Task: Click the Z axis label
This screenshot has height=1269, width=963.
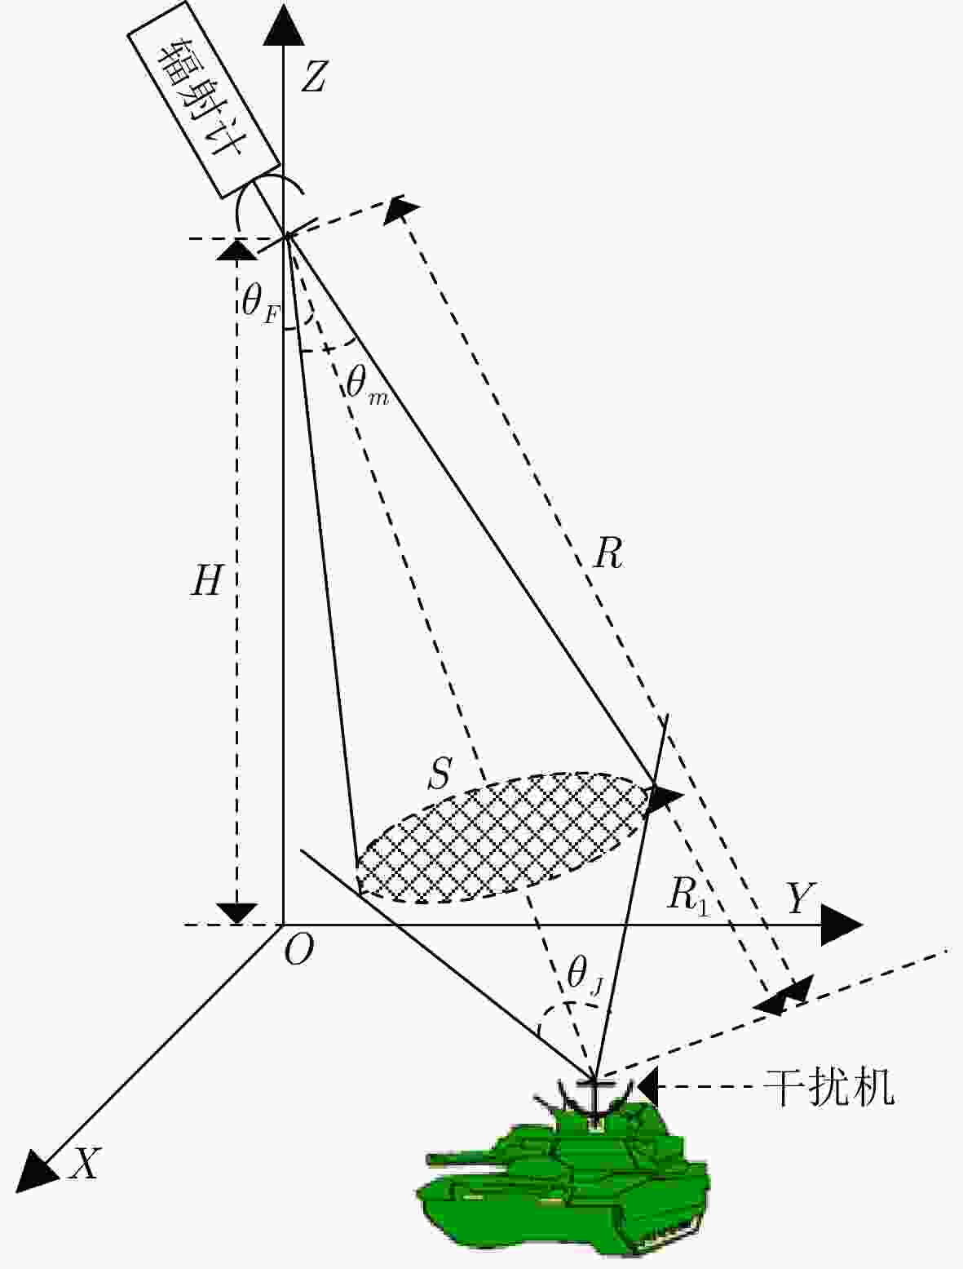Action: (x=314, y=77)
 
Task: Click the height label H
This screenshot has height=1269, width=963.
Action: (x=206, y=580)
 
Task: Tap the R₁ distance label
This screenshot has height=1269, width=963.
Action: (x=687, y=899)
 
